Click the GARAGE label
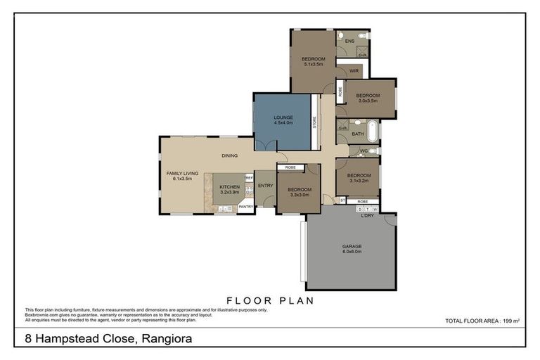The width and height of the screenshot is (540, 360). (x=352, y=246)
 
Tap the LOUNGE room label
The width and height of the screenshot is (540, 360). (x=283, y=117)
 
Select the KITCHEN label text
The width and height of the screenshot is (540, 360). (x=230, y=186)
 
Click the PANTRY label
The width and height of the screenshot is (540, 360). (x=245, y=207)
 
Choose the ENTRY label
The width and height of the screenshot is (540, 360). (x=265, y=185)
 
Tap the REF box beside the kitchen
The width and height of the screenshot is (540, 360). (x=249, y=178)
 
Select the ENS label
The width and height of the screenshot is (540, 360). (x=349, y=41)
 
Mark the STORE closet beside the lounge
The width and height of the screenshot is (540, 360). (x=315, y=122)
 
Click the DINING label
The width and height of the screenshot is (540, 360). (x=229, y=155)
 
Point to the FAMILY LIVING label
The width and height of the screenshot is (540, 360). (x=181, y=172)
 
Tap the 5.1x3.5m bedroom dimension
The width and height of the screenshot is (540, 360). (x=313, y=64)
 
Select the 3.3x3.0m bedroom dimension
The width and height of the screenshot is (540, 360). (x=299, y=194)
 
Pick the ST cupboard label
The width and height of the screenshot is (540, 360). (x=342, y=200)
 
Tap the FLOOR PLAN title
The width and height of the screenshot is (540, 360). (x=269, y=300)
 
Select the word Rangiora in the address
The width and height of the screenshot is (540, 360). (x=167, y=339)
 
